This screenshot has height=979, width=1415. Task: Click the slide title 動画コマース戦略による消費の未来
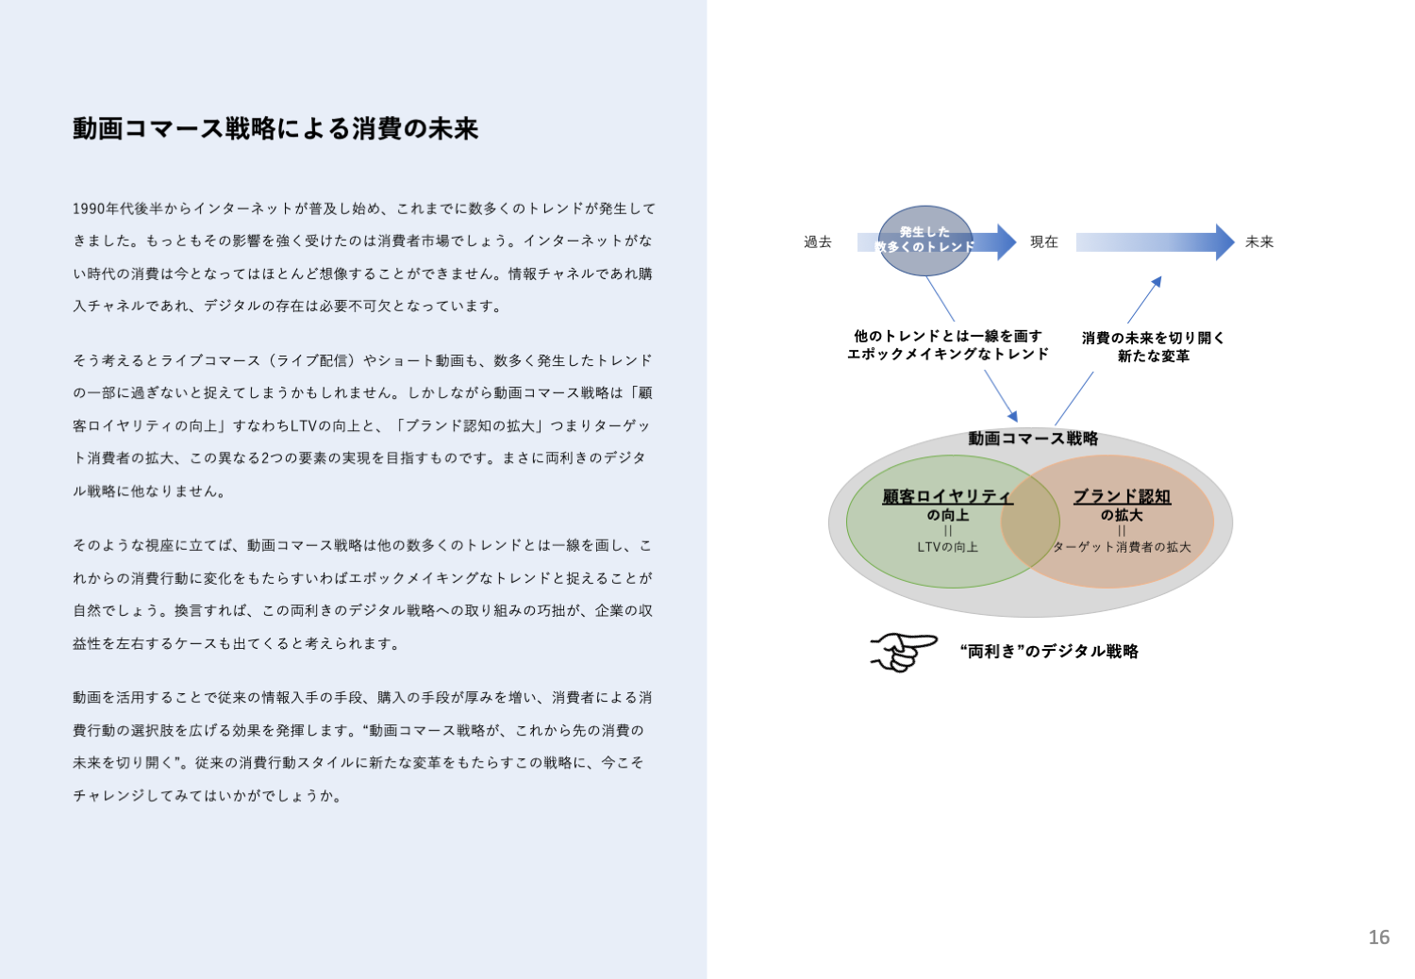(x=275, y=128)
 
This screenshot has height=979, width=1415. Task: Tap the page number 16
(x=1378, y=937)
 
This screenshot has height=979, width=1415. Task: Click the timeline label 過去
(x=818, y=242)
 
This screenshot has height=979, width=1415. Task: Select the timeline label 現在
(x=1043, y=242)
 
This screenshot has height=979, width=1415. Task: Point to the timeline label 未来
(x=1259, y=242)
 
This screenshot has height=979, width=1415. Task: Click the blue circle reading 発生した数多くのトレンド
(x=924, y=240)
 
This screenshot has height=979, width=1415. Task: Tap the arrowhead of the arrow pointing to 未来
(x=1224, y=242)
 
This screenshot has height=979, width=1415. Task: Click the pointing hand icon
(x=903, y=652)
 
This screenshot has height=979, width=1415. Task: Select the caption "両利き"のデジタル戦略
(x=1049, y=652)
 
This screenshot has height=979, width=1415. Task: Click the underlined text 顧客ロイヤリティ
(x=947, y=496)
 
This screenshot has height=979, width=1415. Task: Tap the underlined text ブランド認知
(x=1122, y=496)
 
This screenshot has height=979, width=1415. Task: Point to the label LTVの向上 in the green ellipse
(x=947, y=547)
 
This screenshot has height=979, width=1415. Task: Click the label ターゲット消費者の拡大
(x=1122, y=547)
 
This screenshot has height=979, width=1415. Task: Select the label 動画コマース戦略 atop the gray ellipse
(x=1033, y=439)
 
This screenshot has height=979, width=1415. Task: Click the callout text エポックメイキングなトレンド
(x=948, y=355)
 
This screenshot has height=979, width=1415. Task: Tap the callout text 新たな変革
(x=1153, y=357)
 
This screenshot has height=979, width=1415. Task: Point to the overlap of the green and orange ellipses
(x=1031, y=521)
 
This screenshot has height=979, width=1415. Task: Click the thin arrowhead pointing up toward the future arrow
(x=1157, y=280)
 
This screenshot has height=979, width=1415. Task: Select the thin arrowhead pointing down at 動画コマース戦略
(x=1013, y=416)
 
